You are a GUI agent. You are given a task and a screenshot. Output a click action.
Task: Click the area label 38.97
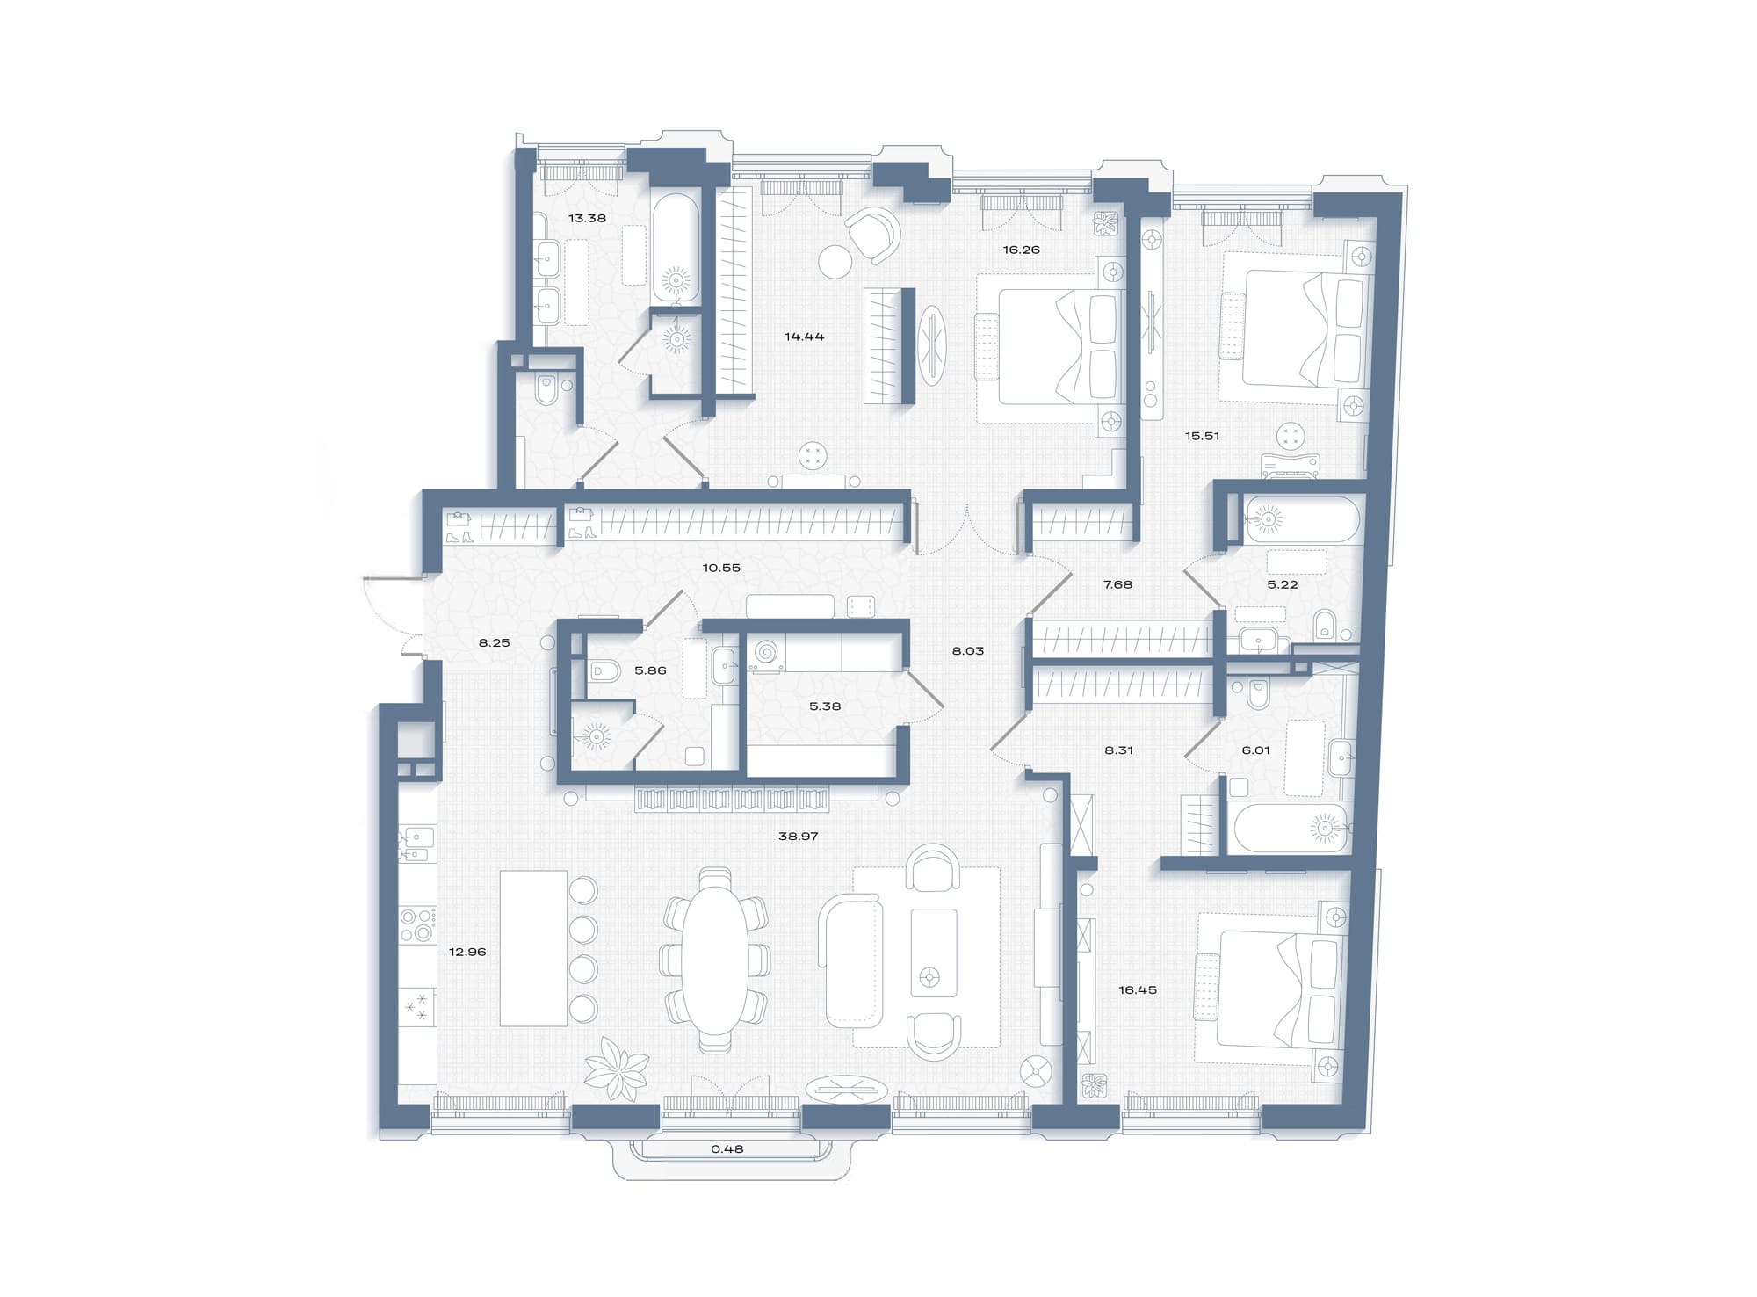798,837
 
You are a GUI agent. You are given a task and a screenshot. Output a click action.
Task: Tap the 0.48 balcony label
727,1148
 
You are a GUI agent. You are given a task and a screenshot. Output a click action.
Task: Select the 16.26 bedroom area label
1021,250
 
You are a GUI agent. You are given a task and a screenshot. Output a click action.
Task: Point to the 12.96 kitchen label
466,952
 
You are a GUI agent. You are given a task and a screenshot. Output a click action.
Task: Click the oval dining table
716,960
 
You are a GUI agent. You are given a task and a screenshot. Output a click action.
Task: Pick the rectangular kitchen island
533,948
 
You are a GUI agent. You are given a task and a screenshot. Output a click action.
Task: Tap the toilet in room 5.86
603,671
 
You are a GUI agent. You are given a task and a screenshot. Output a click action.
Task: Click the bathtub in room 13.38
676,249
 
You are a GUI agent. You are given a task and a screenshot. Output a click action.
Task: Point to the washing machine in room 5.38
765,654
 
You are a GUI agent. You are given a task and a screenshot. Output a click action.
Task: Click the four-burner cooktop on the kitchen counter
417,924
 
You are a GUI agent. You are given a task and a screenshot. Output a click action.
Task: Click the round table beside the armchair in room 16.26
835,261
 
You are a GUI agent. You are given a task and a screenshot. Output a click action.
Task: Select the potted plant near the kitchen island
617,1069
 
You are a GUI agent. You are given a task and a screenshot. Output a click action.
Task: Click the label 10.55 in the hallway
721,568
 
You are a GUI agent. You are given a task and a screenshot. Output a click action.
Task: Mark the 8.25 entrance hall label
494,642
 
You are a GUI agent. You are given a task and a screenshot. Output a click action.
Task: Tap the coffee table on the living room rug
934,953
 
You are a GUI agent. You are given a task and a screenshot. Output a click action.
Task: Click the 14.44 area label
804,336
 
